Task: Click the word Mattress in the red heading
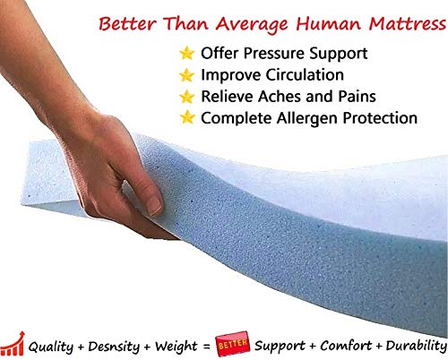click(408, 23)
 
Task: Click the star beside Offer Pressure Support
click(187, 53)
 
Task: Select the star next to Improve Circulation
click(187, 75)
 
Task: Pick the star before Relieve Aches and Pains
click(187, 97)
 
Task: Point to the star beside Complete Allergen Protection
click(187, 117)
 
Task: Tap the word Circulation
click(305, 74)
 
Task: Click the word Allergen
click(307, 119)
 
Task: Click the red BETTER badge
click(232, 344)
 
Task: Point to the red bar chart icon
click(13, 344)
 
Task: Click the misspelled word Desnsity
click(114, 347)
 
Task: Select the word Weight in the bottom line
click(176, 347)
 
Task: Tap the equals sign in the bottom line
click(206, 347)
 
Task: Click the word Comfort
click(346, 346)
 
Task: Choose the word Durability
click(417, 347)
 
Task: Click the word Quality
click(51, 347)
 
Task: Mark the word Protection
click(380, 118)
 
